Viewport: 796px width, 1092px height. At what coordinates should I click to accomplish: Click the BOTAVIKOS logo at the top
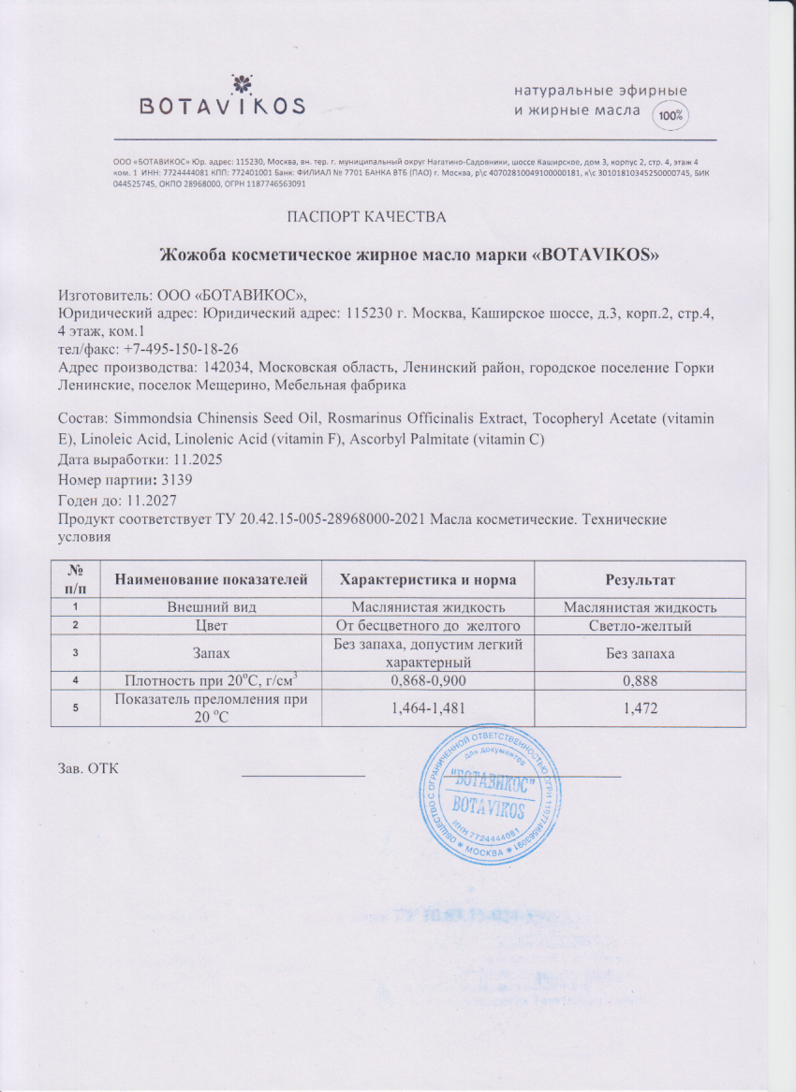click(221, 96)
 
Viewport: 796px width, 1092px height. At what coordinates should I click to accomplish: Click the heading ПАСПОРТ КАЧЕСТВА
click(366, 218)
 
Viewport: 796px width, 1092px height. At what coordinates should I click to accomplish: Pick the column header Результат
click(641, 580)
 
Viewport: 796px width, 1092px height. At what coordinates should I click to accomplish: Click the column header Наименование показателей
click(212, 580)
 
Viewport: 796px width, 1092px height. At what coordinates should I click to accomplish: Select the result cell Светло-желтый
click(641, 625)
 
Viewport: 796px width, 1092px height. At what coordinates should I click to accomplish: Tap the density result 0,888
click(641, 680)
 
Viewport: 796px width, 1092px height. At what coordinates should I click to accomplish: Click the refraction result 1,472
click(641, 709)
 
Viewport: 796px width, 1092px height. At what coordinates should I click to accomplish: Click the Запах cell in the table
click(212, 652)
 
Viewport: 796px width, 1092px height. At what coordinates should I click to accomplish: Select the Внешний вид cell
click(212, 607)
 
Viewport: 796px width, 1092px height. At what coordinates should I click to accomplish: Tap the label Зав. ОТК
click(88, 768)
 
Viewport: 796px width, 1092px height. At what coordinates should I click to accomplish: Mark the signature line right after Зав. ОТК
click(303, 774)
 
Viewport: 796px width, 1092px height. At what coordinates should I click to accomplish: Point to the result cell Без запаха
click(641, 652)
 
